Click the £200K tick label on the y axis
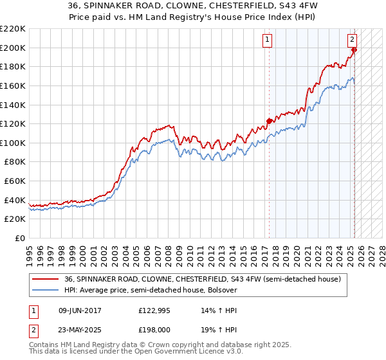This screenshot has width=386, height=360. (13, 48)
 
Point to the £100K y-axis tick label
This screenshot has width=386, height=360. (13, 143)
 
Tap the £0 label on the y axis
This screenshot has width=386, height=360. (19, 238)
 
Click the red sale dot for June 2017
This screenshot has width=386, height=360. (269, 120)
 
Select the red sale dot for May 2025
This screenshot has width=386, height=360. (354, 50)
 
